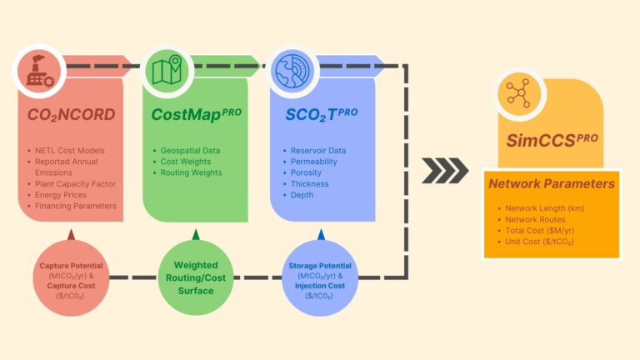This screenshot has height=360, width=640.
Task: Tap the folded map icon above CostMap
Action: pyautogui.click(x=167, y=72)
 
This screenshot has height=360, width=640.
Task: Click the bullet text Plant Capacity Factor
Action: pyautogui.click(x=75, y=183)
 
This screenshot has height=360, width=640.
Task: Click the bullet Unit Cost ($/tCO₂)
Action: pyautogui.click(x=543, y=242)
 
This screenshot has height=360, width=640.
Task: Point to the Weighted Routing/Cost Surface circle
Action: pyautogui.click(x=197, y=278)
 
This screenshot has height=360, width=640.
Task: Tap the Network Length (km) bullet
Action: pyautogui.click(x=547, y=207)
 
